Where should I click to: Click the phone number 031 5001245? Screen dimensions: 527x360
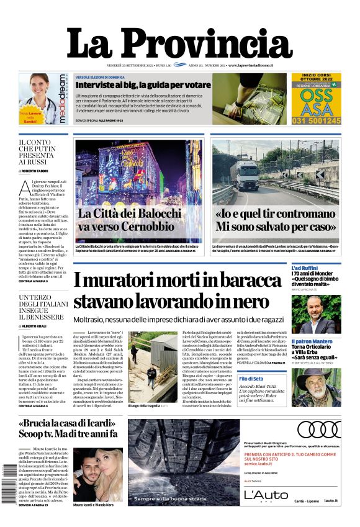[x=317, y=120]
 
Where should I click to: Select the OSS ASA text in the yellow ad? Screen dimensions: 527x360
[x=317, y=102]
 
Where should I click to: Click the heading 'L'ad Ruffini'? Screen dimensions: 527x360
[x=308, y=268]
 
